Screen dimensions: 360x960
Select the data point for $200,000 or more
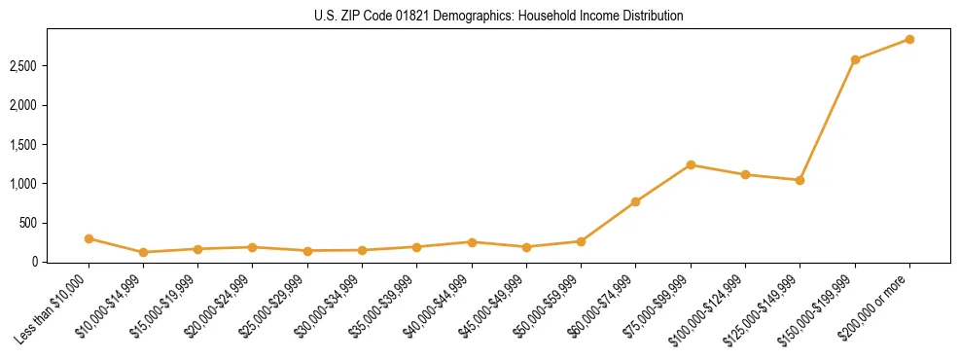coord(909,39)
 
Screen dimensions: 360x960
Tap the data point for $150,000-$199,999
coord(855,59)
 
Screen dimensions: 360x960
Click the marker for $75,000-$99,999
coord(691,164)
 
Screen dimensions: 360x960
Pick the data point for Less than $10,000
coord(89,238)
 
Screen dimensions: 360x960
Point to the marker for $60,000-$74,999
coord(636,201)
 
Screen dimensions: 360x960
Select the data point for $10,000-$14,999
coord(143,252)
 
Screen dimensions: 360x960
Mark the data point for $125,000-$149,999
coord(800,180)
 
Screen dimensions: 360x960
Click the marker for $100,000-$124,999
coord(745,174)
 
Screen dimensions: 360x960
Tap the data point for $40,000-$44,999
coord(472,241)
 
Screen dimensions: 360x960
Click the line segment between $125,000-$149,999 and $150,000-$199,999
coord(828,120)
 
